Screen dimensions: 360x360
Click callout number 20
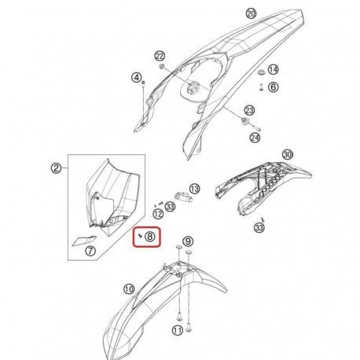[x=251, y=13]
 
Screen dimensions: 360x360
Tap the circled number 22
[x=160, y=56]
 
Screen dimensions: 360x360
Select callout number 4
[x=137, y=77]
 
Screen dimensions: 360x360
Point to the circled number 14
[x=273, y=70]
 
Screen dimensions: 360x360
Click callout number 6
[x=273, y=86]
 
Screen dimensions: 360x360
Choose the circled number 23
[x=249, y=110]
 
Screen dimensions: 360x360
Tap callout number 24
[x=255, y=138]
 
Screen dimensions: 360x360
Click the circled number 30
[x=288, y=155]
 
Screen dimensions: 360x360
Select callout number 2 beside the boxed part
[x=56, y=167]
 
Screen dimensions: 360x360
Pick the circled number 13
[x=194, y=189]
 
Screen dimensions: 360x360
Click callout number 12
[x=158, y=214]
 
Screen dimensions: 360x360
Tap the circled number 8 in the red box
[x=150, y=237]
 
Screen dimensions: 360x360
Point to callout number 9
[x=188, y=241]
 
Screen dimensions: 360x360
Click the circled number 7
[x=90, y=251]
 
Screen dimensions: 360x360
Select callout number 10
[x=129, y=289]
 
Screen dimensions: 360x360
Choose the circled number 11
[x=178, y=330]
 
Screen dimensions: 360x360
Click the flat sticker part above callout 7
[x=84, y=241]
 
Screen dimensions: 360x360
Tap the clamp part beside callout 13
[x=183, y=197]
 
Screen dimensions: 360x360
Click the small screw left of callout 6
[x=261, y=87]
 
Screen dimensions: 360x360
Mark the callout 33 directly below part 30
[x=259, y=227]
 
